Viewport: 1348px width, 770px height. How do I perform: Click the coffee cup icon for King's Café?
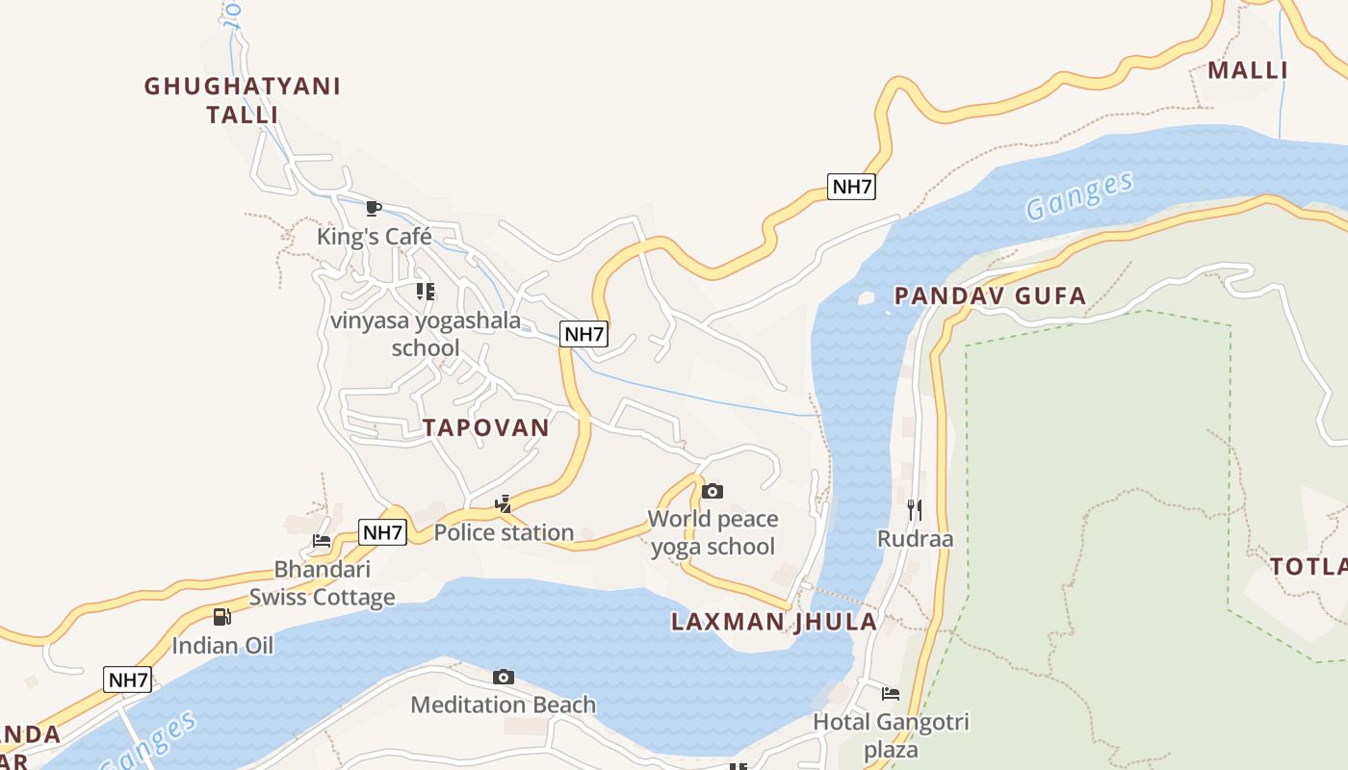pos(374,207)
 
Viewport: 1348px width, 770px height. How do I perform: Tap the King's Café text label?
pos(375,237)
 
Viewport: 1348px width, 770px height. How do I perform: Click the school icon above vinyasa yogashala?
pos(425,291)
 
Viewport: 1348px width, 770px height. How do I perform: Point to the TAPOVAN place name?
pos(485,428)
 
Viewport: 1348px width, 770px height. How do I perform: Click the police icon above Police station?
pos(503,503)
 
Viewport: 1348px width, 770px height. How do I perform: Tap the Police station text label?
pos(504,532)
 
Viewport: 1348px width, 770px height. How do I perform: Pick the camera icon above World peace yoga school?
pos(713,492)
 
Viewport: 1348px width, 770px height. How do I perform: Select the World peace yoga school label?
pos(713,533)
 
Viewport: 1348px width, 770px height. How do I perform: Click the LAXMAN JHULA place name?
pos(774,622)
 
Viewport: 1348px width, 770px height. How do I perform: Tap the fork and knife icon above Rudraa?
pos(915,509)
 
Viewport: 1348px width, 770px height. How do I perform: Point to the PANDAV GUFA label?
pos(990,295)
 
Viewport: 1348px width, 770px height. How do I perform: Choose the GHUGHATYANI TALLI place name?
pos(243,100)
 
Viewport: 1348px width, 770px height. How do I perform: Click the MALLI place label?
pos(1248,70)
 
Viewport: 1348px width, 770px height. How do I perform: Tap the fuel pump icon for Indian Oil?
pos(222,617)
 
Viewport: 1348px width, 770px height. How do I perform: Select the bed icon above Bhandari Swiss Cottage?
pos(322,541)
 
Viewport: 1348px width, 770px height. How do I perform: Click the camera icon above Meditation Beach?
pos(503,678)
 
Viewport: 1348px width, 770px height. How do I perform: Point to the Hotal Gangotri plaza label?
pos(891,735)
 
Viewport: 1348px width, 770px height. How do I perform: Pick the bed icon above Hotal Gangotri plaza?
pos(891,694)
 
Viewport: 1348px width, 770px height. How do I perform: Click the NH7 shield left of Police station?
pos(382,532)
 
